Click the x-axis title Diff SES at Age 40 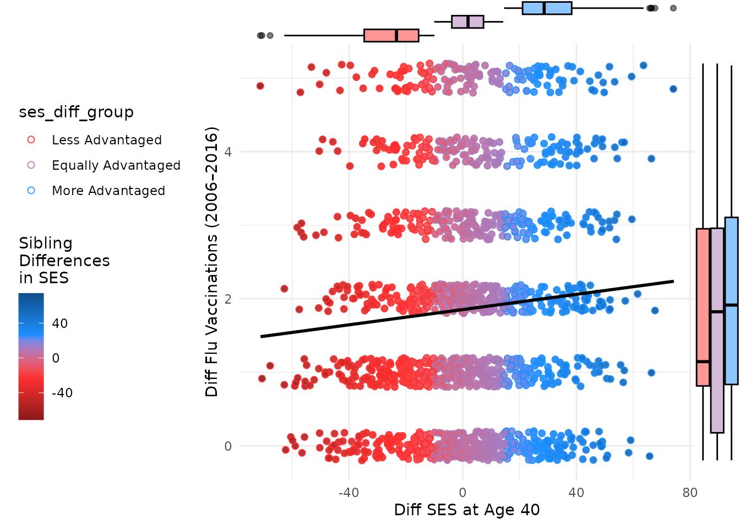[x=467, y=510]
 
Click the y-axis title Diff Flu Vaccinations [x=212, y=261]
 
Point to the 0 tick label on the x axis [x=463, y=492]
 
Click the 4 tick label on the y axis [x=228, y=152]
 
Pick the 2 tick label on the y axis [x=228, y=299]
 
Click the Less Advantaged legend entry [x=106, y=140]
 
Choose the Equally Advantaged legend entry [x=116, y=165]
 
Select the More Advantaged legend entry [x=108, y=191]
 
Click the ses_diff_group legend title [x=76, y=112]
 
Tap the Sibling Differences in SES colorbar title [x=64, y=260]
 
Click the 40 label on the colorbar [x=59, y=323]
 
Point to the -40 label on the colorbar [x=62, y=393]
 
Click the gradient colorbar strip [x=31, y=357]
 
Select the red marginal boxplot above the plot [x=391, y=35]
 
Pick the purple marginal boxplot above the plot [x=467, y=21]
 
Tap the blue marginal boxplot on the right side [x=731, y=301]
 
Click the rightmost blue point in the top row [x=673, y=89]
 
